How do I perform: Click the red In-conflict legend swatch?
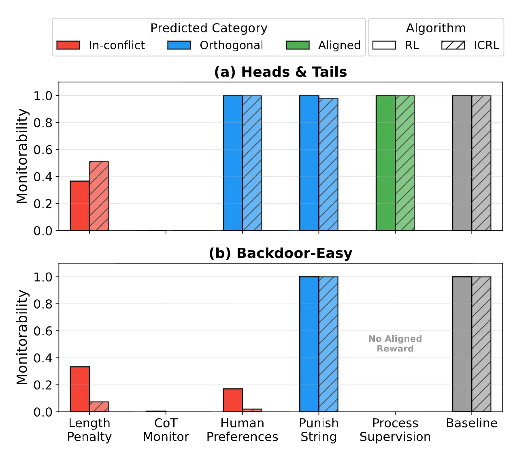68,45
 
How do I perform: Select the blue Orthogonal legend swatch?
179,45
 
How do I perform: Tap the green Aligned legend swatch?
298,45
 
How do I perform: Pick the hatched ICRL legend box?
453,45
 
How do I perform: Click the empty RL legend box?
384,45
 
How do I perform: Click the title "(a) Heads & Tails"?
281,72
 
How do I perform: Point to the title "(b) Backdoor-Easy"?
281,253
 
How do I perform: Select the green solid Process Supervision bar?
385,163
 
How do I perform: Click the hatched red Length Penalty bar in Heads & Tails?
99,196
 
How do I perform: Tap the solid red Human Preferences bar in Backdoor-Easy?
233,400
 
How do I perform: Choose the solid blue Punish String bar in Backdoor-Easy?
309,344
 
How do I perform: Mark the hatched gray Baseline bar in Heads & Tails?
481,163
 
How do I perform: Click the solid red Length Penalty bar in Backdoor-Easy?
80,389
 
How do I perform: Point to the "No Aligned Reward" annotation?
395,344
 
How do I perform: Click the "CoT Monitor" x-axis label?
166,429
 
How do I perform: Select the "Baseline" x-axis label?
472,423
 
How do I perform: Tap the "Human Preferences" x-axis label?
242,429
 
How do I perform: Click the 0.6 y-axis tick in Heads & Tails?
43,150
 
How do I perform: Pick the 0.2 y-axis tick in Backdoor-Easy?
43,385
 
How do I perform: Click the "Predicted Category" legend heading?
209,28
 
